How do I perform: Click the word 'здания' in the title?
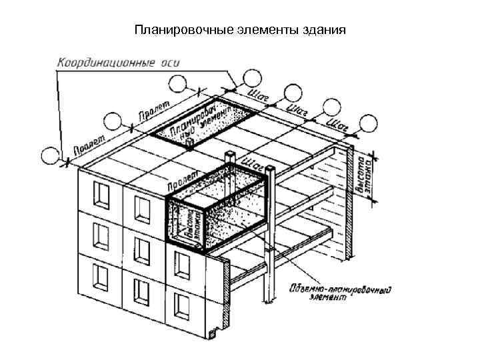pos(327,30)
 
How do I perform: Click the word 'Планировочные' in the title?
pos(173,30)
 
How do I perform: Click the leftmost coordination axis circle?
pos(49,155)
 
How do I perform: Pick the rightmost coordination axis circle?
pos(369,123)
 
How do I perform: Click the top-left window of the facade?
pos(101,193)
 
